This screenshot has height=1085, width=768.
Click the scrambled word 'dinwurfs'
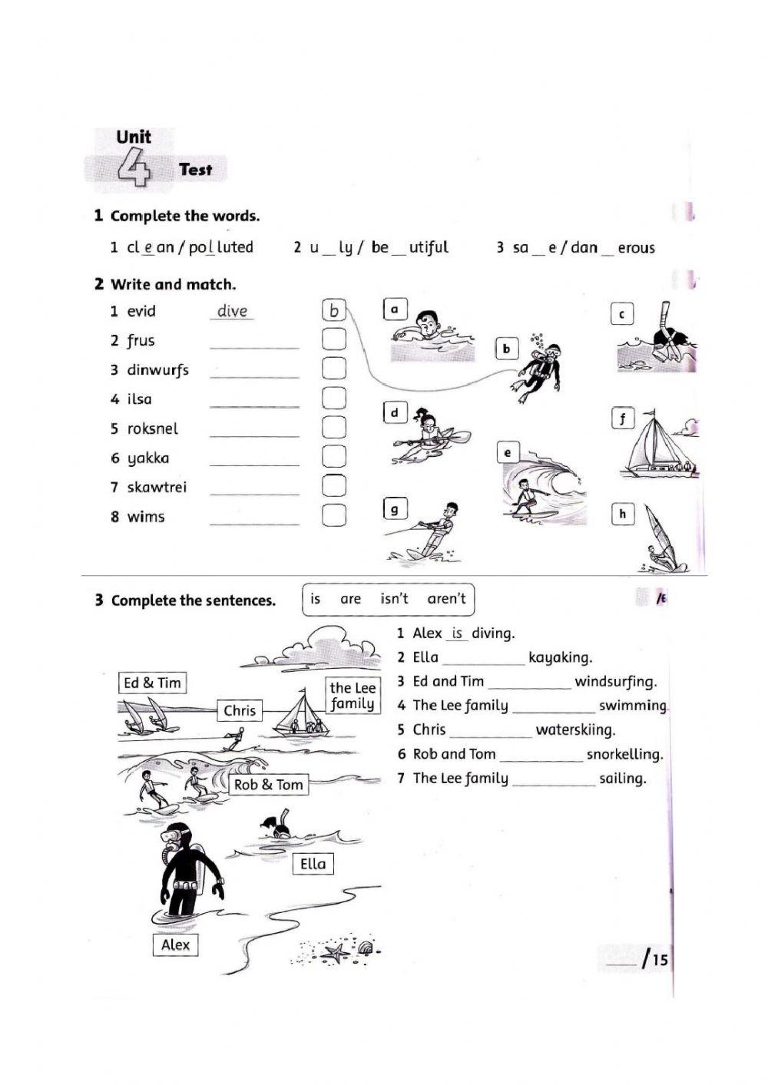157,370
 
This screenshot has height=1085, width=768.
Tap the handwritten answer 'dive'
232,311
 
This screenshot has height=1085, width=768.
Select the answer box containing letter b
334,310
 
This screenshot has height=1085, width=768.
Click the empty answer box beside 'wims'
334,515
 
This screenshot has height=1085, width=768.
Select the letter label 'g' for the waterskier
395,508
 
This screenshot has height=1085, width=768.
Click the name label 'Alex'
175,944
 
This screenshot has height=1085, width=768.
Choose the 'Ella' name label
313,864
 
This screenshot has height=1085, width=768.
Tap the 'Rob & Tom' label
268,784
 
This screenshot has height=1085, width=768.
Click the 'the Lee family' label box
353,696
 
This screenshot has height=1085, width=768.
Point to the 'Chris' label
240,710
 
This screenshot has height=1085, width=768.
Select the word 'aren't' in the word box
446,599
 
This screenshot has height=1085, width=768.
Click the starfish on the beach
335,953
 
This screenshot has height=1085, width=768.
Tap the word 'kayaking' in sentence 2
560,657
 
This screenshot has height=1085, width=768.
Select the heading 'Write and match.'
173,284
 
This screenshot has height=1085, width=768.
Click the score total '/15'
654,959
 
